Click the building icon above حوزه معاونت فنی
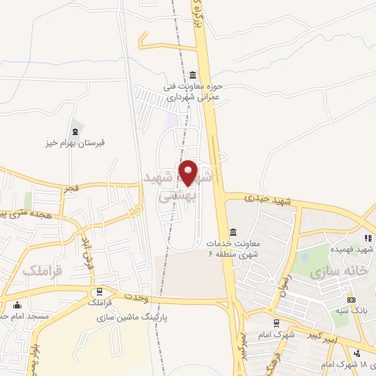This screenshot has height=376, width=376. (x=192, y=75)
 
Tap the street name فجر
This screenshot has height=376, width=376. (x=70, y=189)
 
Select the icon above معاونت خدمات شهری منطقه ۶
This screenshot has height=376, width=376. (x=232, y=231)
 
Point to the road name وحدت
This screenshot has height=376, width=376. (x=156, y=297)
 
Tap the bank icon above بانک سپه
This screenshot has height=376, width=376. (x=351, y=300)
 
